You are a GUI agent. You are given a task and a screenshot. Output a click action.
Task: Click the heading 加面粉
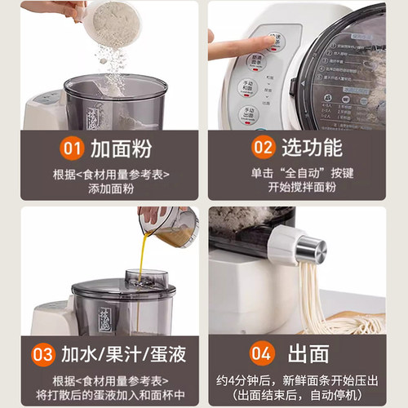tap(123, 149)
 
